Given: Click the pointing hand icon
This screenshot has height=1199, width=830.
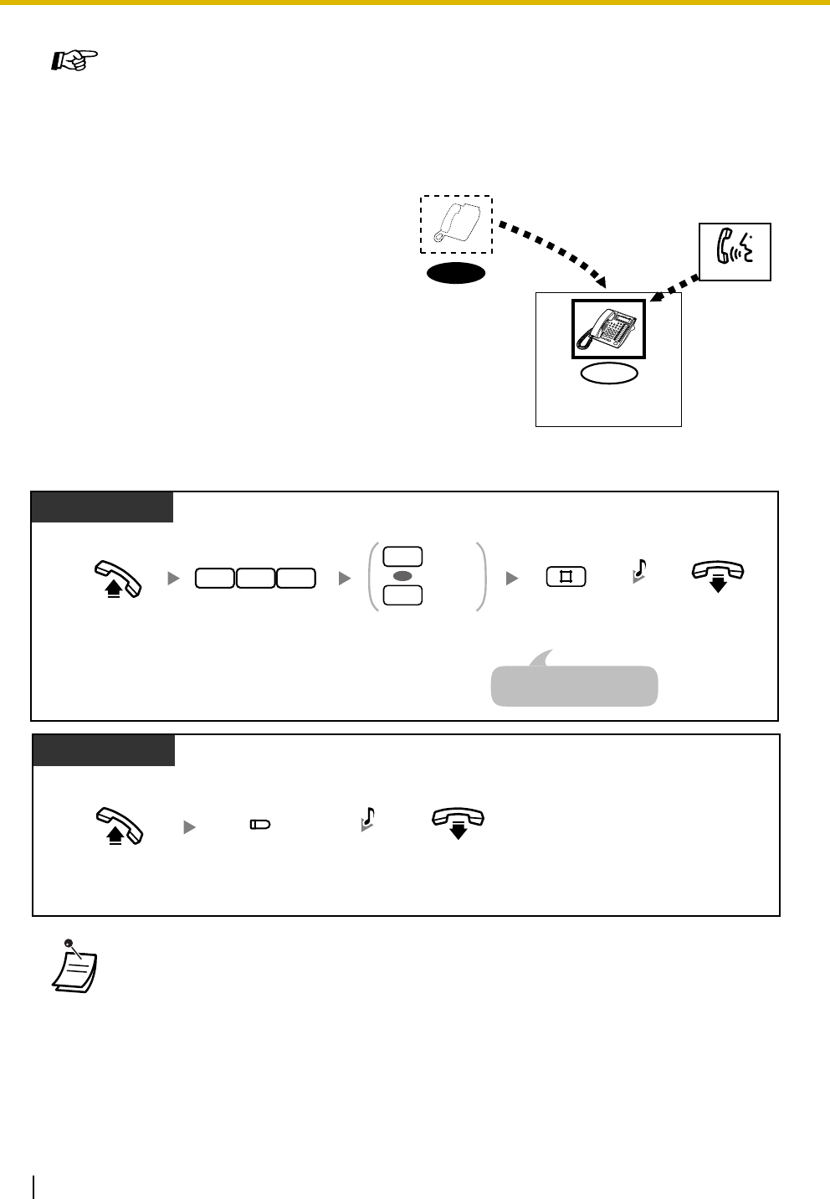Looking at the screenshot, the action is click(74, 61).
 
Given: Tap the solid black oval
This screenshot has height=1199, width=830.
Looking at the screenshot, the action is click(456, 273).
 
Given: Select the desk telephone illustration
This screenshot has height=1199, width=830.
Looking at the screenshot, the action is click(608, 329).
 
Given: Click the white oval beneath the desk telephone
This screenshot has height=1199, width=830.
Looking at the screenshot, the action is click(609, 374).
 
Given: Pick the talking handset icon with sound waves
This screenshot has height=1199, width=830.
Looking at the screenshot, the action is click(735, 251).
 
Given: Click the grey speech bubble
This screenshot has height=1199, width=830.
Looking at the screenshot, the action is click(574, 685).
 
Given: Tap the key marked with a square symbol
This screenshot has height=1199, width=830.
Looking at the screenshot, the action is click(566, 577).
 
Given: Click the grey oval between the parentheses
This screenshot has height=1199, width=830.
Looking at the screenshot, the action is click(402, 577).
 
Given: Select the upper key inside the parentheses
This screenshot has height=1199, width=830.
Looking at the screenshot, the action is click(402, 557).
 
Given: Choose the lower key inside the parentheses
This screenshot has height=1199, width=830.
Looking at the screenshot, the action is click(402, 596).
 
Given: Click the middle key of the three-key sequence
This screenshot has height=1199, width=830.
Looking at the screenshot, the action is click(255, 577).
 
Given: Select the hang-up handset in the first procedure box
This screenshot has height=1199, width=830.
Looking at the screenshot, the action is click(717, 576).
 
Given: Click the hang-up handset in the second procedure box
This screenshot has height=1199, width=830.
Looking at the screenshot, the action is click(458, 822).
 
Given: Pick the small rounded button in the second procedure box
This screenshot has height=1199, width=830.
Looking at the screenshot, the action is click(260, 826).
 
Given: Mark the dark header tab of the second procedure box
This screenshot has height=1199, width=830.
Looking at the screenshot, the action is click(104, 749).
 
